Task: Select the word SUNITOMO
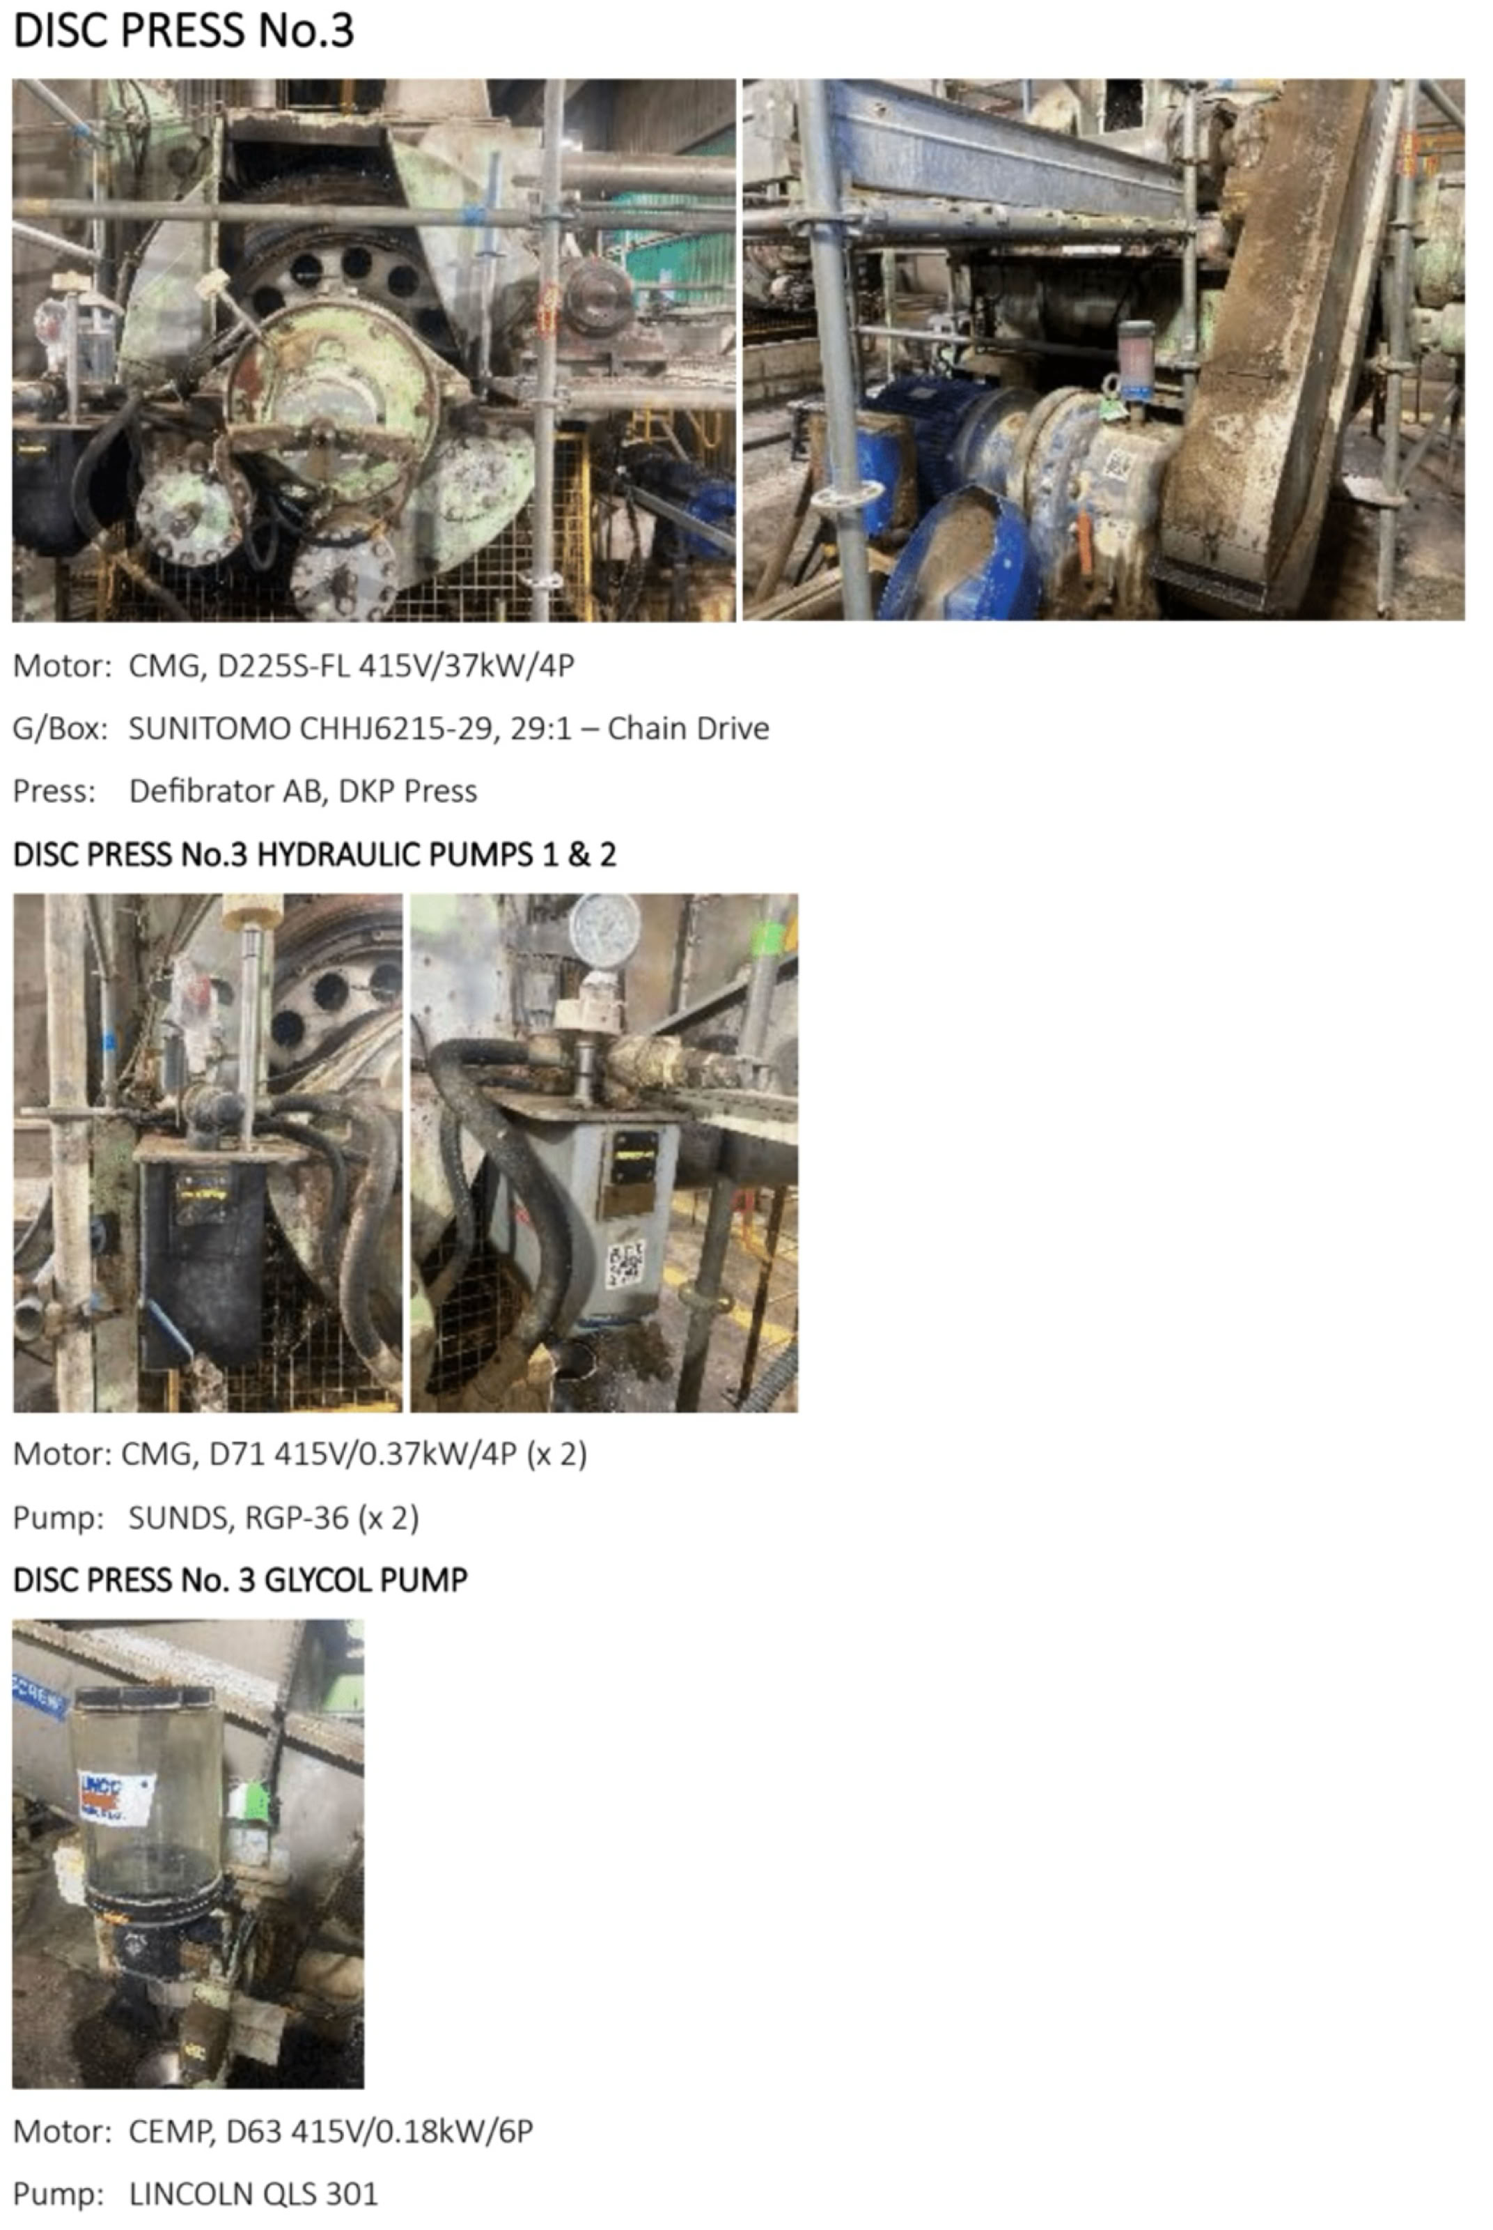coord(210,729)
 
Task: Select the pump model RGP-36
coord(297,1518)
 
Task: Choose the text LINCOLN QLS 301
coord(253,2194)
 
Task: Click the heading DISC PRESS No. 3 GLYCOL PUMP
coord(240,1581)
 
